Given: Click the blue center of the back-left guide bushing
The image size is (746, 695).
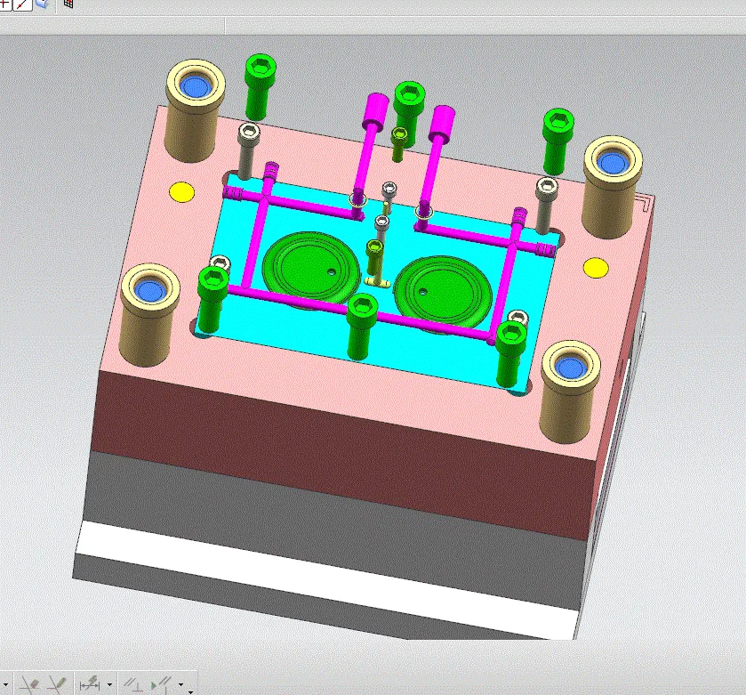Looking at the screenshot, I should click(x=194, y=86).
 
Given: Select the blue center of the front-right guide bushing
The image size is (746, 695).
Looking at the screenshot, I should click(x=567, y=364).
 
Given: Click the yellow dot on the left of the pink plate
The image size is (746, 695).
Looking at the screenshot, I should click(x=181, y=191).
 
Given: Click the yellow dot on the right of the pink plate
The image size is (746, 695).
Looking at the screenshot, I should click(x=595, y=267).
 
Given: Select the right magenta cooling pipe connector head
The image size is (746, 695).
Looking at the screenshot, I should click(x=441, y=124).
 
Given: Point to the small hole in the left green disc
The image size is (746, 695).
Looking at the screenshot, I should click(x=332, y=271).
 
